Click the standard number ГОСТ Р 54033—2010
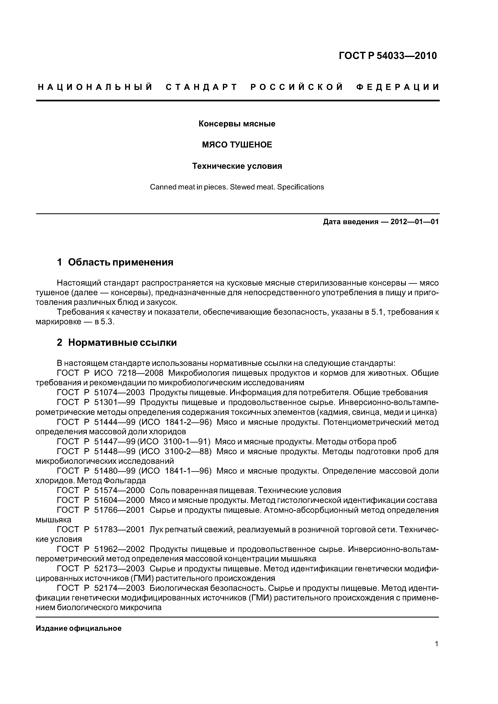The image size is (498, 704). [388, 56]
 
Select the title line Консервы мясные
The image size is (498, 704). [237, 124]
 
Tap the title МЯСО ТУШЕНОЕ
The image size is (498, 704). [237, 145]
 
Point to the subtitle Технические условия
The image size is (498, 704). [237, 166]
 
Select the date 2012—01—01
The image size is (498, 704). [414, 222]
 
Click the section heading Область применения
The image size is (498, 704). [121, 262]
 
